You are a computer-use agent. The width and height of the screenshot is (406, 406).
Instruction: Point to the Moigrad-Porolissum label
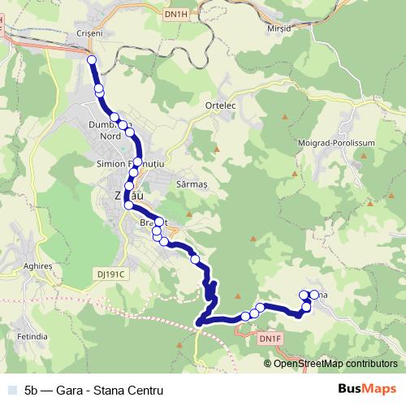coord(339,142)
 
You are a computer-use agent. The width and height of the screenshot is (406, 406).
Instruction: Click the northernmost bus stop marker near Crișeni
coord(92,61)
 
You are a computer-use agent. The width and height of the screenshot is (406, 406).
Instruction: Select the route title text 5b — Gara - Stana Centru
coord(93,390)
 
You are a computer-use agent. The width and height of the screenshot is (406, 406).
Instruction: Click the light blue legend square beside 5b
coord(11,390)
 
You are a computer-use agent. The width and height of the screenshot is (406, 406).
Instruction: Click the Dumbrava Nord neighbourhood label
coord(109,131)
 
